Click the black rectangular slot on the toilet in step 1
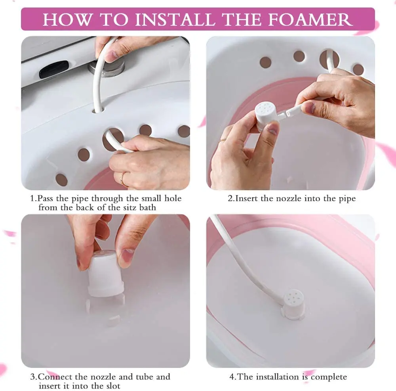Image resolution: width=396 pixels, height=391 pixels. tap(54, 70)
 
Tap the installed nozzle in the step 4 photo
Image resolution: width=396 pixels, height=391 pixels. tap(293, 303)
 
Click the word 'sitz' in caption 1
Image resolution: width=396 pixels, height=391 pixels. tap(135, 207)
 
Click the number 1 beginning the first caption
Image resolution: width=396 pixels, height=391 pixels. tap(32, 198)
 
